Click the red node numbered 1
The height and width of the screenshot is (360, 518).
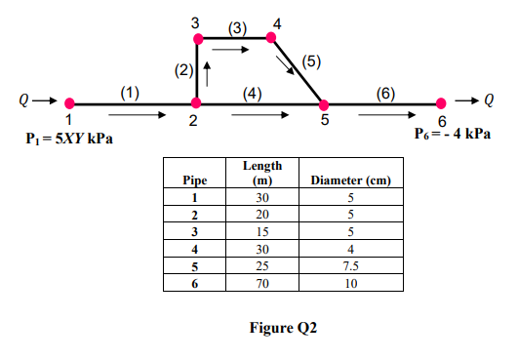pos(69,102)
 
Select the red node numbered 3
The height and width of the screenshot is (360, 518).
pos(198,39)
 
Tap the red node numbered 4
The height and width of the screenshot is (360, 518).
pos(272,39)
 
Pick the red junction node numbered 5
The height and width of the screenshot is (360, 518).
pos(325,103)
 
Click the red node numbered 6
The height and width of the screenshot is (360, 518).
pos(442,102)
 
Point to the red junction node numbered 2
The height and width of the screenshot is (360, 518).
pos(196,102)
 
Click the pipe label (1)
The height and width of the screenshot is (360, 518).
pos(129,92)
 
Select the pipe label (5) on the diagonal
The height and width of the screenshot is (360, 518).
pos(311,60)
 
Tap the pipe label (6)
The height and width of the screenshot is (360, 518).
pos(385,92)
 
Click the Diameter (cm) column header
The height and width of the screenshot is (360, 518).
pos(350,180)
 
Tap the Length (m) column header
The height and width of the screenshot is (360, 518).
pos(260,174)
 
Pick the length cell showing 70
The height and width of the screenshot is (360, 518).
pos(260,283)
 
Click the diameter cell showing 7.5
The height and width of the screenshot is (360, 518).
pos(350,265)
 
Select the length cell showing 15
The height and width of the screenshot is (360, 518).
pos(260,231)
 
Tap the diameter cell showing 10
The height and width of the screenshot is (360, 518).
pos(350,283)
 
